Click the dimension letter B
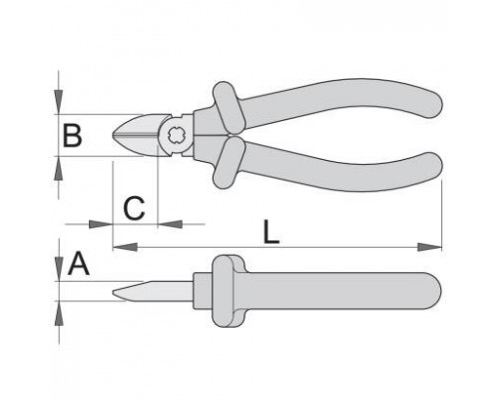tap(72, 135)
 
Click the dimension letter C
tap(134, 208)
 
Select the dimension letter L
tap(270, 231)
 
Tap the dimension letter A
tap(79, 264)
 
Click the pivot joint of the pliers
tap(175, 135)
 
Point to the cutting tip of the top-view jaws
tap(112, 135)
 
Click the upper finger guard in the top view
tap(228, 108)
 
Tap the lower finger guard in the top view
tap(229, 162)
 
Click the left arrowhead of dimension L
tap(125, 247)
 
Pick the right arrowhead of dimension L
tap(429, 247)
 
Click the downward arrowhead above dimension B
tap(59, 101)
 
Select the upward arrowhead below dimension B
tap(59, 168)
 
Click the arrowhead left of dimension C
tap(101, 224)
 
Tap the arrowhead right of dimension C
tap(170, 224)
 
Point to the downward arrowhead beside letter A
tap(59, 269)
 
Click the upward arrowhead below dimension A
tap(59, 313)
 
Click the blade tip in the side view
tap(113, 293)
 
